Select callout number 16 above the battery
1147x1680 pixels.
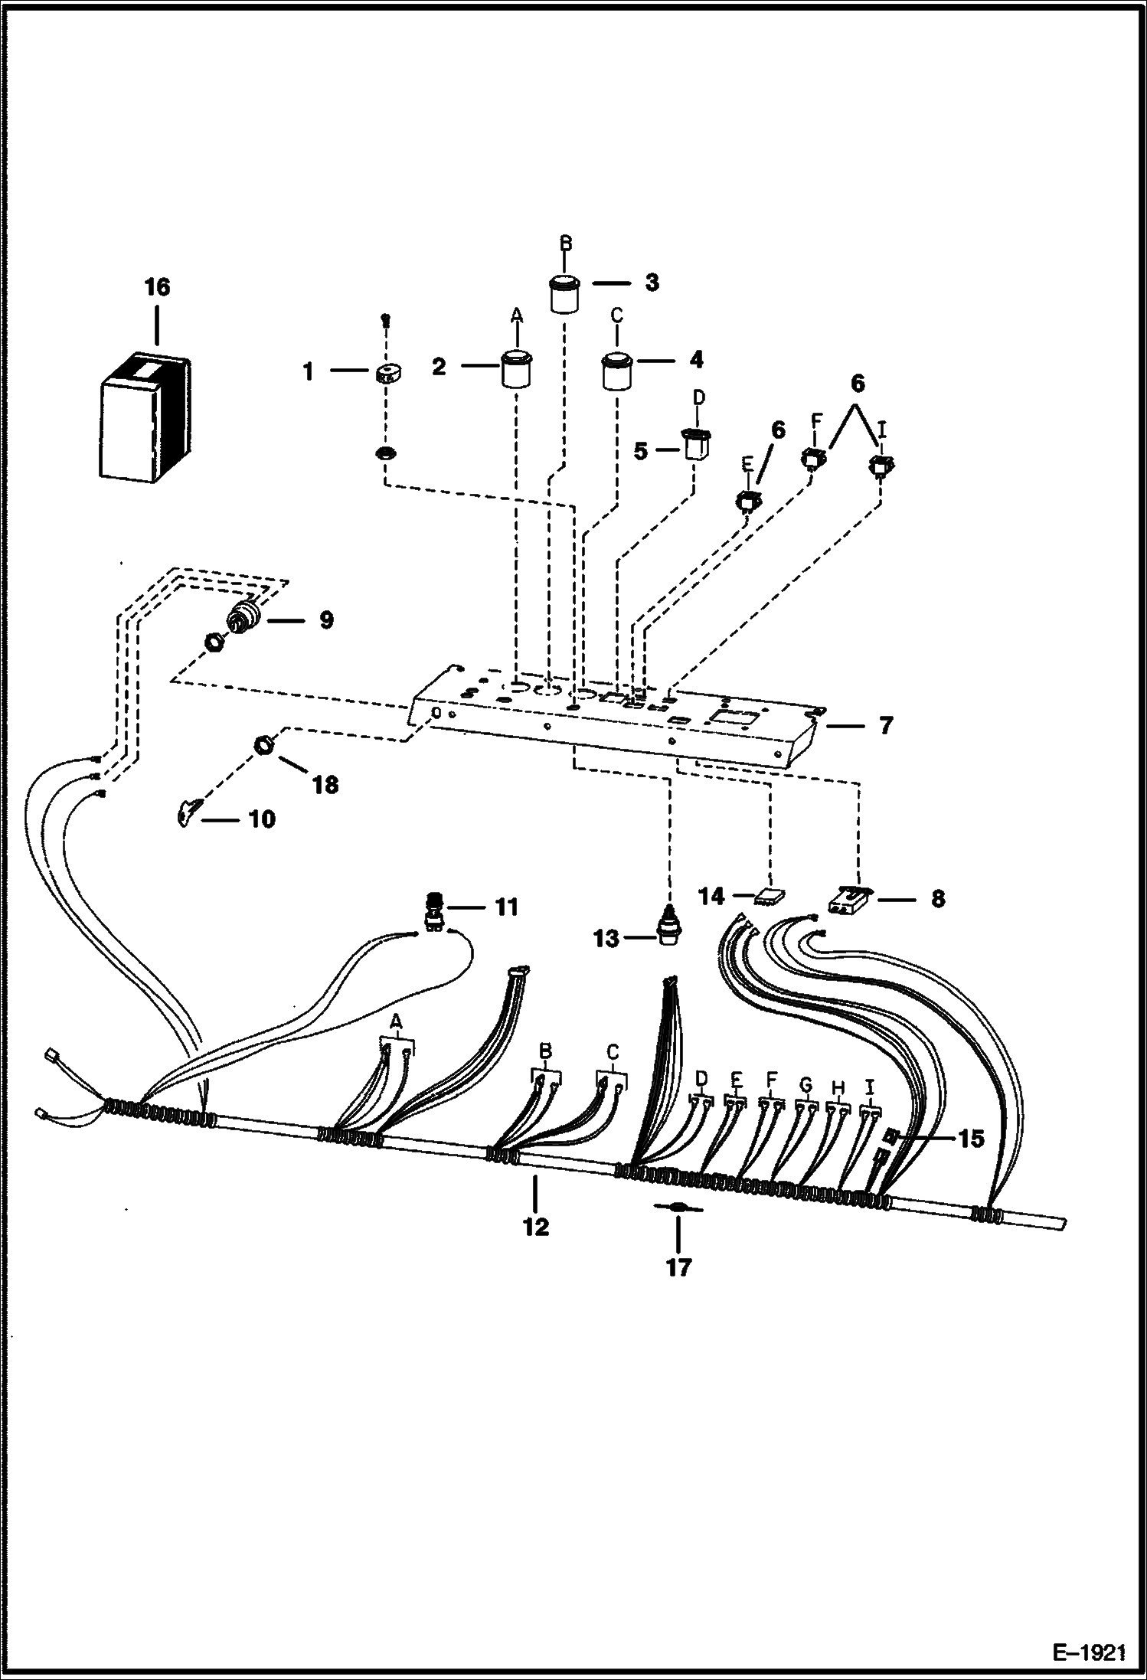pyautogui.click(x=157, y=288)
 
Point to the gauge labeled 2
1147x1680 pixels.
pyautogui.click(x=517, y=370)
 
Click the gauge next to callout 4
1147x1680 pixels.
pyautogui.click(x=616, y=371)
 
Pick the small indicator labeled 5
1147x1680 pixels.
pyautogui.click(x=695, y=445)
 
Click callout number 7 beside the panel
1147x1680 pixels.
pyautogui.click(x=886, y=725)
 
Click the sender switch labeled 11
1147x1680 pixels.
pyautogui.click(x=434, y=912)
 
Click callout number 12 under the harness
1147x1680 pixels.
pyautogui.click(x=536, y=1227)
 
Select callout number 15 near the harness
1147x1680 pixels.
pyautogui.click(x=970, y=1139)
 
